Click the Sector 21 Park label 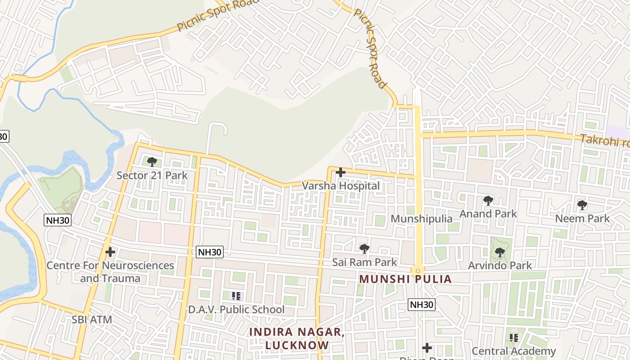tap(152, 175)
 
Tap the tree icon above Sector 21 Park tap(152, 162)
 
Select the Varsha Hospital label tap(341, 185)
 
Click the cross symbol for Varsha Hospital tap(341, 172)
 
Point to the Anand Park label tap(488, 213)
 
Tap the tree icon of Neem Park tap(582, 206)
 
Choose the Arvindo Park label tap(500, 265)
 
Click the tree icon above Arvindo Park tap(500, 252)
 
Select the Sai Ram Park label tap(364, 262)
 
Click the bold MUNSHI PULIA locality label tap(405, 279)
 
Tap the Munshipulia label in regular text tap(422, 219)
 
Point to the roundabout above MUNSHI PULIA tap(418, 271)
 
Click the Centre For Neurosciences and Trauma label tap(110, 272)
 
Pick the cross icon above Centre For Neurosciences tap(110, 252)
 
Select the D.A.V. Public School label tap(236, 310)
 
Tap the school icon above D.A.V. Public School tap(236, 296)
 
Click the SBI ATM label tap(92, 319)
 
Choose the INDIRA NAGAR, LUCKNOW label tap(297, 338)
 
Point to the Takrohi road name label tap(604, 141)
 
